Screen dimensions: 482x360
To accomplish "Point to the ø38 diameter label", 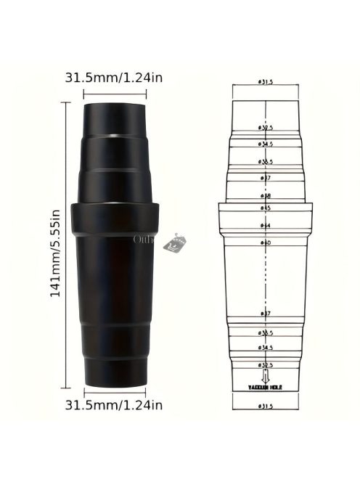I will point(266,195).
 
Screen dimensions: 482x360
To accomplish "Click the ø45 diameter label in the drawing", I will point(266,208).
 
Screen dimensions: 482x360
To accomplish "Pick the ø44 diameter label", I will point(266,225).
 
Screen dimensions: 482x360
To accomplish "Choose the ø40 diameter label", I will point(266,242).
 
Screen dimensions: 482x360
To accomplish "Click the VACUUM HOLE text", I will point(266,388).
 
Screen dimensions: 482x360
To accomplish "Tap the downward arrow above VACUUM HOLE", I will point(266,377).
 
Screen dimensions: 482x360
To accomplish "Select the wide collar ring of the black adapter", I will point(117,217).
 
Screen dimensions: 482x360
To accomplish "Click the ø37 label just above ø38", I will point(266,178).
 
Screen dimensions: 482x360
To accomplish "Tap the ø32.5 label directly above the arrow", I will point(266,364).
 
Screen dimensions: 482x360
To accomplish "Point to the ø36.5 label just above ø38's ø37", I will point(266,161).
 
